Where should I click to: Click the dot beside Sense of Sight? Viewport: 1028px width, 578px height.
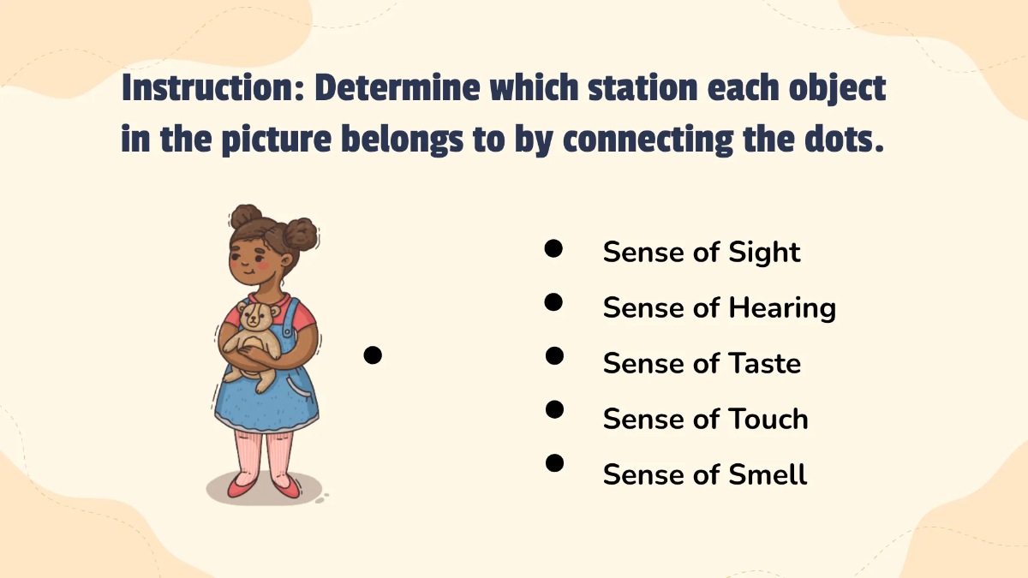coord(553,248)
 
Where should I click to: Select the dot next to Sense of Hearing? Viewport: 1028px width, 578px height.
coord(553,301)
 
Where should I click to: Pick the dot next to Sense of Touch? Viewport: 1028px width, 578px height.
coord(554,409)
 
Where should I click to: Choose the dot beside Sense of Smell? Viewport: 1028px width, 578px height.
coord(554,463)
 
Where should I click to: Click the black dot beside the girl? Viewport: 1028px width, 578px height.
coord(372,355)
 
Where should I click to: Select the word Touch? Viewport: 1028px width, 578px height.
coord(768,419)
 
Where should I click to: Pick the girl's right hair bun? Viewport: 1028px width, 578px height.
coord(301,232)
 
